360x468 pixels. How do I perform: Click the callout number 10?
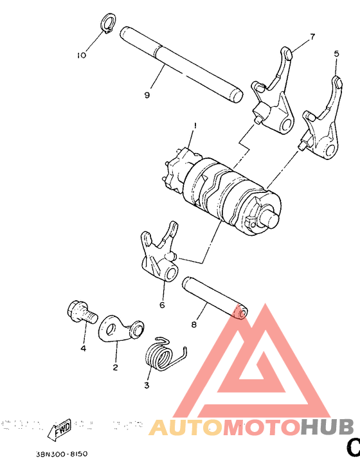click(x=81, y=56)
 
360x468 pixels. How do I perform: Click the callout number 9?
click(x=147, y=95)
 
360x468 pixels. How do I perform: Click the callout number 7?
click(x=313, y=37)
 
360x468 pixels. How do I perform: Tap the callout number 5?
click(x=336, y=55)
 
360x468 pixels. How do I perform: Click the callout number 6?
click(x=162, y=304)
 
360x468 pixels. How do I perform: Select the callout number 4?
click(x=83, y=348)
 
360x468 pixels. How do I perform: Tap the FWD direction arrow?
click(x=60, y=428)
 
